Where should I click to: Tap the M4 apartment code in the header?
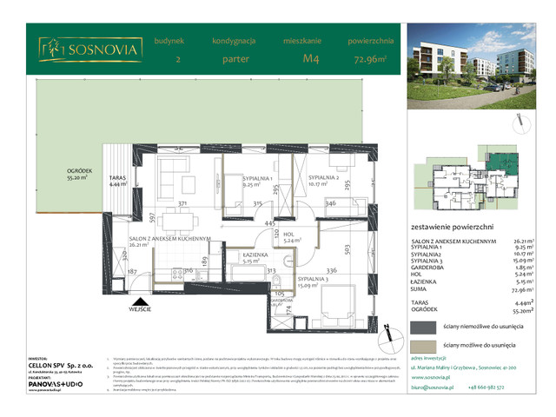(309, 60)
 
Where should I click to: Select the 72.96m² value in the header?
(369, 60)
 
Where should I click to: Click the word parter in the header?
(233, 60)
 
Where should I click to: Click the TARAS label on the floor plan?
(117, 176)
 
